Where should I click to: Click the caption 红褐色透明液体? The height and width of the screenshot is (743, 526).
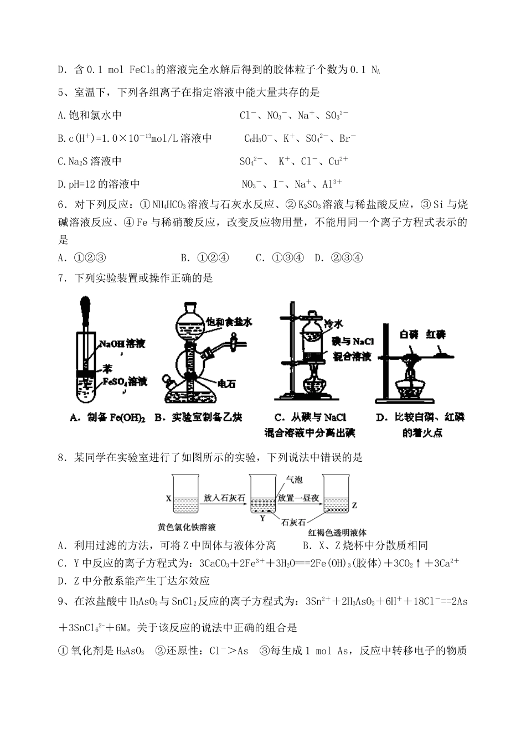[338, 532]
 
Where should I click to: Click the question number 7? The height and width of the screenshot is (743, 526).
[61, 278]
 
